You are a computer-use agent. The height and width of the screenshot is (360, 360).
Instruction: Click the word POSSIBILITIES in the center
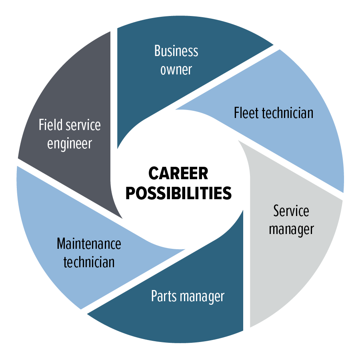pos(178,193)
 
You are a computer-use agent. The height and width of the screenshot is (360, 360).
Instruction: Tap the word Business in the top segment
pos(176,51)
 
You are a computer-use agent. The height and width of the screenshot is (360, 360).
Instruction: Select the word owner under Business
pos(176,69)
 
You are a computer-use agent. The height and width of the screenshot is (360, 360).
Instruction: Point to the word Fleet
pos(246,113)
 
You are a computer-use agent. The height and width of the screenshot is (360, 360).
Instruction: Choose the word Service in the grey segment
pos(291,211)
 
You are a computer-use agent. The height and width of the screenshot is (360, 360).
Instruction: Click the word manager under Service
pos(291,229)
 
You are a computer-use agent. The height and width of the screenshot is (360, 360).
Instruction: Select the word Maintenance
pos(89,243)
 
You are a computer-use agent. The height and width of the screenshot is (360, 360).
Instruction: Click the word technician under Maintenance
pos(89,262)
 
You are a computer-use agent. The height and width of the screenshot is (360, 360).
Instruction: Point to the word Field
pos(51,125)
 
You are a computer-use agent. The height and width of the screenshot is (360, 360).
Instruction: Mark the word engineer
pos(70,144)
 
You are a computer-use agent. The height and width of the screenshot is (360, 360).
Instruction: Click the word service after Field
pos(83,125)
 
